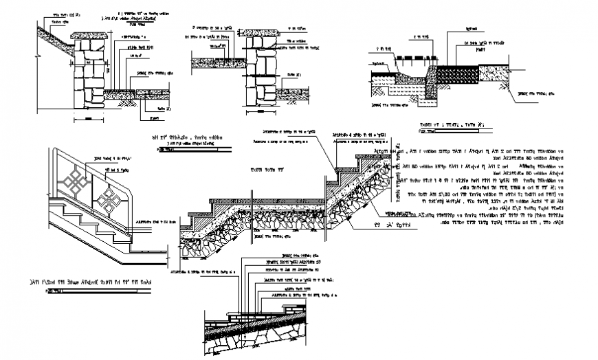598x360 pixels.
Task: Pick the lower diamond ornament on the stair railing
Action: (108, 203)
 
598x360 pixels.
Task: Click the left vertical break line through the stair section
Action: (253, 206)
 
